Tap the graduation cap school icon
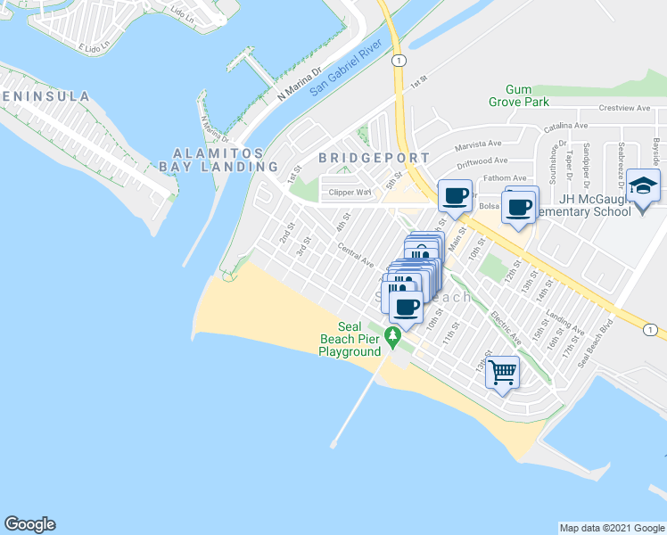point(643,186)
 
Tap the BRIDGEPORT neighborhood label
point(375,158)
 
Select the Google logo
point(29,524)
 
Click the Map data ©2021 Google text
point(611,528)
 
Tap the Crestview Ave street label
point(622,108)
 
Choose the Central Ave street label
point(356,256)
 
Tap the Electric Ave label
point(505,327)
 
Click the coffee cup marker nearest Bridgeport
point(455,195)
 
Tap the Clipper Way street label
point(350,192)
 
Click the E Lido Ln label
point(94,47)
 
